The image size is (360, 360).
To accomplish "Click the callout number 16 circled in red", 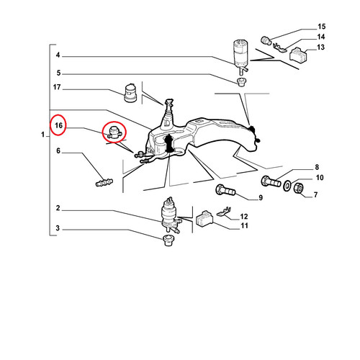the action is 58,125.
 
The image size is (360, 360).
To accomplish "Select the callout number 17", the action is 57,87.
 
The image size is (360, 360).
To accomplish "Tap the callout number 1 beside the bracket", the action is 42,135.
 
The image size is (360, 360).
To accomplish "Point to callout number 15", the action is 322,27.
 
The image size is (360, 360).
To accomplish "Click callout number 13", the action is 320,47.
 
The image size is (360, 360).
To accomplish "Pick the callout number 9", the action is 261,198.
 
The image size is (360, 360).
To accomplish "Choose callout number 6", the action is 58,150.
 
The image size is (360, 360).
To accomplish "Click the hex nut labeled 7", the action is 299,188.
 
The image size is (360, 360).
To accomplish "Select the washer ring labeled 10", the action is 287,186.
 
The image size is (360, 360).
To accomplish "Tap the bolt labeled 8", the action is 271,181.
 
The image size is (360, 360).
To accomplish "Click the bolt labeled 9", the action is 225,190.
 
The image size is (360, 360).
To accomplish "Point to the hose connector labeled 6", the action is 104,182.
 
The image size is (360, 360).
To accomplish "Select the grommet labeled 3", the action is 168,240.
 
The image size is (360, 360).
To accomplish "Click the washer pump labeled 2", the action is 170,215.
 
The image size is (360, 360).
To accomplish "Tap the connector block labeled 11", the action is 204,219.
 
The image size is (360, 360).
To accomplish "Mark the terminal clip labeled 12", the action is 224,211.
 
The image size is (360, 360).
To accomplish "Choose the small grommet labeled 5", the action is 240,82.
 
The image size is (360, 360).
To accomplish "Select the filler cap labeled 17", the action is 130,93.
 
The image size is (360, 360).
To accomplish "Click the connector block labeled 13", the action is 299,55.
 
